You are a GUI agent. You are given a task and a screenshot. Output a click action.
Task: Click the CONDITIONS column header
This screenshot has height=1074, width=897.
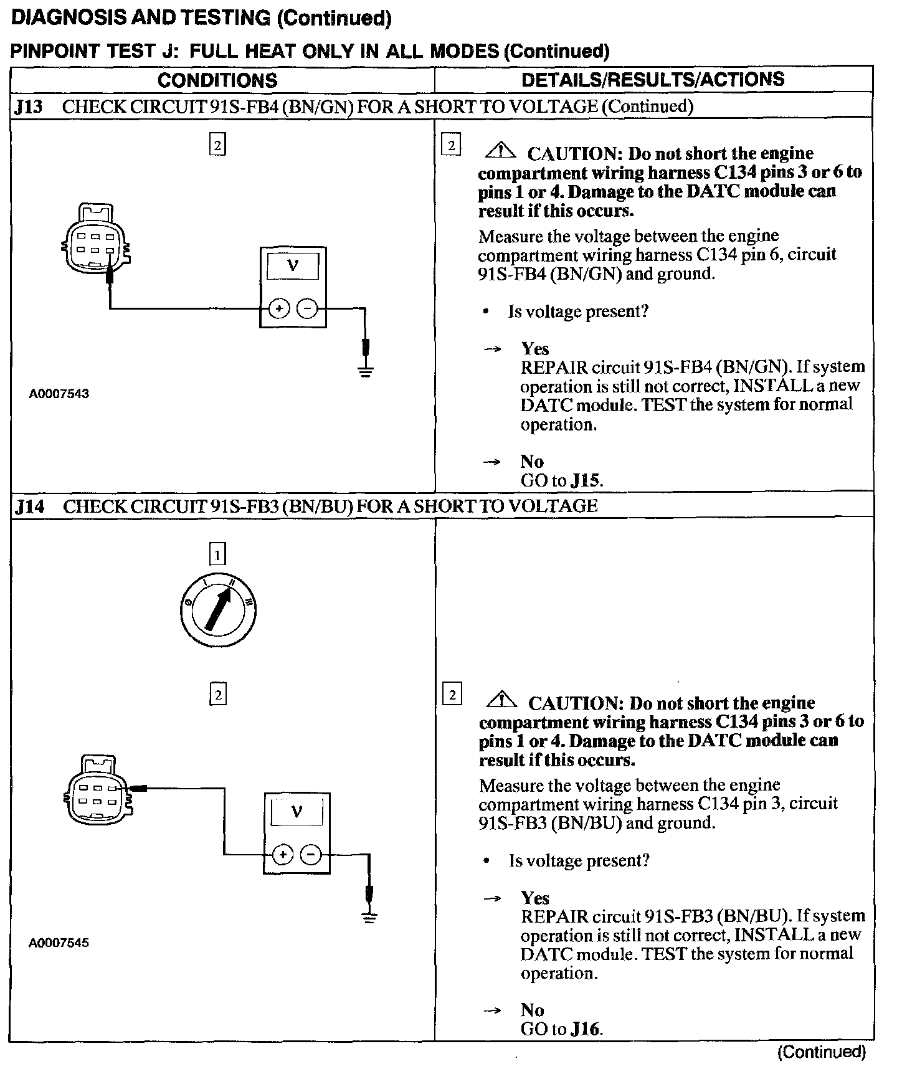[x=217, y=80]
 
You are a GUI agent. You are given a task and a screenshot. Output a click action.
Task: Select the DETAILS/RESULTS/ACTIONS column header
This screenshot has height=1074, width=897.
[x=653, y=80]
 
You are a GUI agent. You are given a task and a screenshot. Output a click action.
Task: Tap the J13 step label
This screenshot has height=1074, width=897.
[x=29, y=107]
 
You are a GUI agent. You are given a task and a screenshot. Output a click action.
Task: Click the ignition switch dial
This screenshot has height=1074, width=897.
[x=218, y=609]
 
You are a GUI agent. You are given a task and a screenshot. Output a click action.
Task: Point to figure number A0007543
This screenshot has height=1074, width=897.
[x=59, y=394]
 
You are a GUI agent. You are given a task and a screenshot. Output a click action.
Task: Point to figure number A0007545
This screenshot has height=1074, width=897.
[x=59, y=943]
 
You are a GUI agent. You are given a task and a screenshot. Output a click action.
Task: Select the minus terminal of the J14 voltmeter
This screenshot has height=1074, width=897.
[x=311, y=855]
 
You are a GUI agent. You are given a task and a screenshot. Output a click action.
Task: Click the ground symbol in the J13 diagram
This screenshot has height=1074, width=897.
[x=366, y=372]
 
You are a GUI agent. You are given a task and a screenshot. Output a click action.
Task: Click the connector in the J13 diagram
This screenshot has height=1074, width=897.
[x=96, y=238]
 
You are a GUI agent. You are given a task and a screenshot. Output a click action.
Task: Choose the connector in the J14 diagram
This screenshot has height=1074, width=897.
[x=98, y=791]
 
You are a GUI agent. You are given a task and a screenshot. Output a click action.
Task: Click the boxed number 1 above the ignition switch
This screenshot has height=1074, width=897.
[x=217, y=554]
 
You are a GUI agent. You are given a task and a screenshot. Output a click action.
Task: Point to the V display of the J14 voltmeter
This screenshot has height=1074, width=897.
[x=297, y=813]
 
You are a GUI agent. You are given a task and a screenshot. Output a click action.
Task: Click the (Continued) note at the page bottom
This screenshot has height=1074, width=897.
[x=822, y=1052]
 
